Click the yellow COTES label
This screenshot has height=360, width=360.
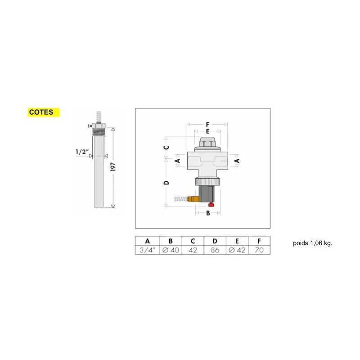(44, 112)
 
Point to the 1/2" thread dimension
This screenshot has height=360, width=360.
(81, 152)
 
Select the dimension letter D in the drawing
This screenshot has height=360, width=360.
(166, 182)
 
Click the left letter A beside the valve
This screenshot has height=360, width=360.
(177, 160)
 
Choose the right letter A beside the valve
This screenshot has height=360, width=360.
(238, 160)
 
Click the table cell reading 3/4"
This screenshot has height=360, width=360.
(147, 250)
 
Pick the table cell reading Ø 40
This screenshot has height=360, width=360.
(170, 250)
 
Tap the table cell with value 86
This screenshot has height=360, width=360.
(215, 250)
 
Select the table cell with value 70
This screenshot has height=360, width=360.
(259, 250)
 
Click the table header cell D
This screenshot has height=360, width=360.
(215, 241)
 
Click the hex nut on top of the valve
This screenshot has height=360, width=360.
(208, 144)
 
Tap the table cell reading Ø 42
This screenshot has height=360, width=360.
(237, 250)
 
